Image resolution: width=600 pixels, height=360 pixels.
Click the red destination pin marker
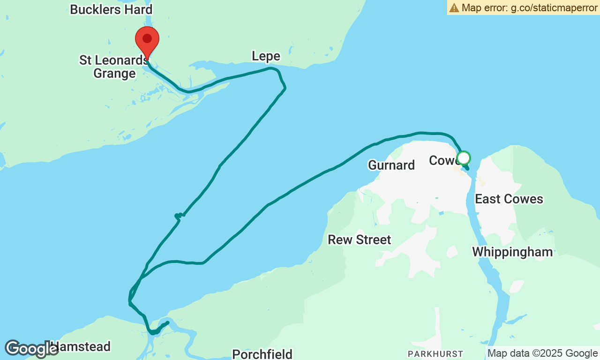click(x=147, y=39)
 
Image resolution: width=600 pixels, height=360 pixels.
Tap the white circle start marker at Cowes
click(x=463, y=158)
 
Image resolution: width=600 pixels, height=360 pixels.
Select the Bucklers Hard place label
click(x=111, y=9)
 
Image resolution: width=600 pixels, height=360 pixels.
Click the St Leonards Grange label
click(x=113, y=67)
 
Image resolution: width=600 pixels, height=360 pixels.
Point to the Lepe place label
click(x=266, y=56)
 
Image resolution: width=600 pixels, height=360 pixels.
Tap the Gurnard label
click(x=391, y=165)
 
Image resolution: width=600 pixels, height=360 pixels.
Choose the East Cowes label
click(x=509, y=199)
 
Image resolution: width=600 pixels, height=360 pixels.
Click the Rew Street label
click(x=359, y=240)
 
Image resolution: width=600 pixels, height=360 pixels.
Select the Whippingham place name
click(x=512, y=252)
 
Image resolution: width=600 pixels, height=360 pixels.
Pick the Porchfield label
click(x=262, y=354)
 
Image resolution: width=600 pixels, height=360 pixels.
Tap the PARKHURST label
click(x=435, y=354)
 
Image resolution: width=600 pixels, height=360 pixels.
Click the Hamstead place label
click(x=80, y=347)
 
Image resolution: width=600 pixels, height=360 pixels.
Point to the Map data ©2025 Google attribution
click(x=542, y=353)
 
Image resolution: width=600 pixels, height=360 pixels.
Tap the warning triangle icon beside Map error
click(x=454, y=7)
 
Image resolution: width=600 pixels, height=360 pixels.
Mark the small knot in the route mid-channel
click(x=179, y=216)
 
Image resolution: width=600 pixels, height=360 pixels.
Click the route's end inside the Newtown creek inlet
click(x=167, y=322)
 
